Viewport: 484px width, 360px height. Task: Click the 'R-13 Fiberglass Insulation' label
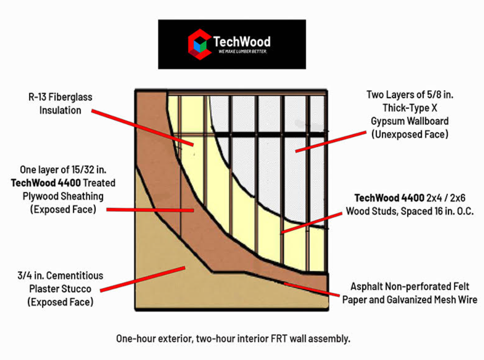pyautogui.click(x=60, y=104)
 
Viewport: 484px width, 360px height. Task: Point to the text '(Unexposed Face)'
pyautogui.click(x=410, y=134)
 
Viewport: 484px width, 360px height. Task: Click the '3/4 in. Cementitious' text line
pyautogui.click(x=60, y=276)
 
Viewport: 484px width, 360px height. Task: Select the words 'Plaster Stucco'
pyautogui.click(x=60, y=288)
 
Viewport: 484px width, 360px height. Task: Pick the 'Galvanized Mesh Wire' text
pyautogui.click(x=434, y=299)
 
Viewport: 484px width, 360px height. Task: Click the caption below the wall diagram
pyautogui.click(x=233, y=339)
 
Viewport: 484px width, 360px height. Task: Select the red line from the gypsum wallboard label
pyautogui.click(x=326, y=141)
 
